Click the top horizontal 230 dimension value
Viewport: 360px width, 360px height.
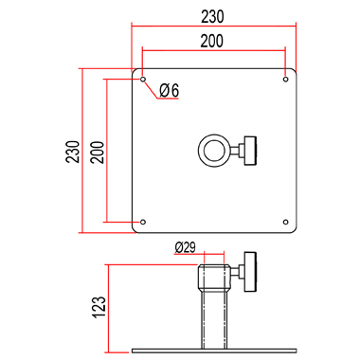coord(212,17)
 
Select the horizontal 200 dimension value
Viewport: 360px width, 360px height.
coord(212,41)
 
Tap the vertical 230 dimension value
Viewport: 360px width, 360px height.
coord(73,152)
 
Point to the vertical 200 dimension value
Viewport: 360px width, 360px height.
coord(98,153)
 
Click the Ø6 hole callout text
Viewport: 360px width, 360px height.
coord(169,90)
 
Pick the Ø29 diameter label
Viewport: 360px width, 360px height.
coord(185,247)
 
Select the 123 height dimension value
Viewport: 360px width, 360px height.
coord(99,307)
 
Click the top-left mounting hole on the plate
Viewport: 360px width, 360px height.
coord(143,79)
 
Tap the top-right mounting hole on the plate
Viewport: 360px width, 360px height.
coord(285,79)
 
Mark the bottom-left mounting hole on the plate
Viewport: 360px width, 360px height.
coord(143,222)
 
